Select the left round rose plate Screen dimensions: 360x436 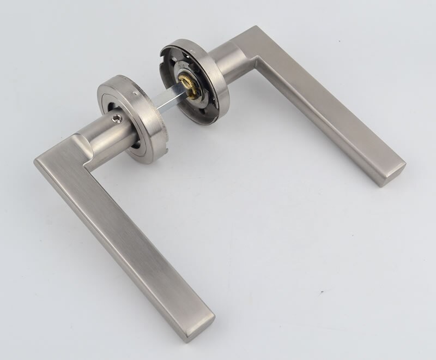pyautogui.click(x=131, y=117)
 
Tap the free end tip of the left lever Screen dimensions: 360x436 pyautogui.click(x=201, y=322)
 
